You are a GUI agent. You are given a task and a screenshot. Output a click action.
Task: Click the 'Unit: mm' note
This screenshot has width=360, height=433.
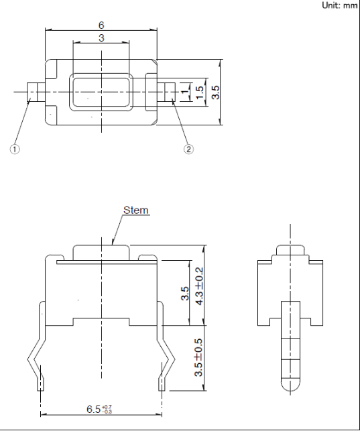coord(340,5)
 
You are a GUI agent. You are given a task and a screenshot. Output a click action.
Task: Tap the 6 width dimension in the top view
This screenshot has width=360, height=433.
coord(101,25)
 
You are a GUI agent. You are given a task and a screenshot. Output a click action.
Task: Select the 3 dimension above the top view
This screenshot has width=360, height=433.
coord(101,38)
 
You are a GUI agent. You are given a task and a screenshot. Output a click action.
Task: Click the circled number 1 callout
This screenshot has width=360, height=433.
coord(15,149)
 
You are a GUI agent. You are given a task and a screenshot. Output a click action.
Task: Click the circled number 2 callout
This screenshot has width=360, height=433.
coord(188,149)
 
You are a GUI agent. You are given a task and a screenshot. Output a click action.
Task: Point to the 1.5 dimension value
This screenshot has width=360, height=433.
coord(200,92)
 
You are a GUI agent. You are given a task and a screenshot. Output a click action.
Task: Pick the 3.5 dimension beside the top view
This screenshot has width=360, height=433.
coord(215,92)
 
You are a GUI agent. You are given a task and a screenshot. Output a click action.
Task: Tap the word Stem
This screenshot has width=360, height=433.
coord(136,210)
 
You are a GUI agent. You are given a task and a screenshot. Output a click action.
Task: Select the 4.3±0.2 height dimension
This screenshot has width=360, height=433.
coord(199,286)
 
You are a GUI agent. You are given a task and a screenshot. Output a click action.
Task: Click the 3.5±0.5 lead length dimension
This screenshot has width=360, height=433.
coord(198,358)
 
